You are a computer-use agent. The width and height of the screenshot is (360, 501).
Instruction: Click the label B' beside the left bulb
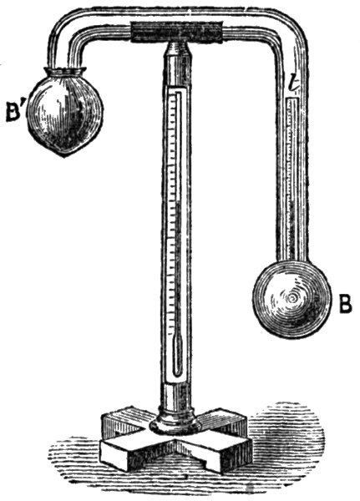tap(13, 112)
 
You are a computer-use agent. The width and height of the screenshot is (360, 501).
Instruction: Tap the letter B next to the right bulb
tap(345, 304)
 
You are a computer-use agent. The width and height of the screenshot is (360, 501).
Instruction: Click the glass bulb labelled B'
tap(65, 112)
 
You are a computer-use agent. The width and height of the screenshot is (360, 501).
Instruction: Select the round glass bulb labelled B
tap(292, 300)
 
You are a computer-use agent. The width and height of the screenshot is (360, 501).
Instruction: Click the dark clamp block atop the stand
tap(177, 32)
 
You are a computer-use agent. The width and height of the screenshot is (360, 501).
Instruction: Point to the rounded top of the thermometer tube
tap(177, 94)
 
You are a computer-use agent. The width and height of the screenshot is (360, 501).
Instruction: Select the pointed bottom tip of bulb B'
tap(64, 156)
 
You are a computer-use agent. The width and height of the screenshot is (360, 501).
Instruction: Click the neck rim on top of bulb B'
tap(65, 71)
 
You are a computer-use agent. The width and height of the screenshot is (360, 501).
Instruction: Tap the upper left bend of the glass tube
tap(65, 28)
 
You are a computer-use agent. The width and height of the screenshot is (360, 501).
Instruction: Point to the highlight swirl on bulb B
tap(292, 299)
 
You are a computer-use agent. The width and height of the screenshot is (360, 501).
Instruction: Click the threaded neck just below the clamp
tap(176, 48)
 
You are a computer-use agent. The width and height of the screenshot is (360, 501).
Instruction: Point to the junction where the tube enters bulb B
tap(292, 261)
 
